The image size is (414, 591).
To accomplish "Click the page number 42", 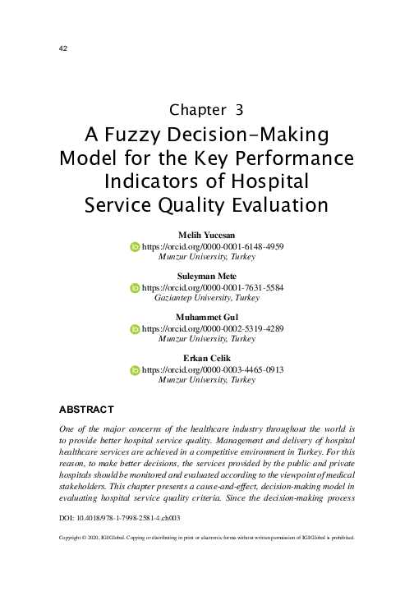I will click(x=62, y=48).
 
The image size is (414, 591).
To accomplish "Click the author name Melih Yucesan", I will click(x=207, y=236).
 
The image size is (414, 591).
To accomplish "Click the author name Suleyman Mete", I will click(x=207, y=277).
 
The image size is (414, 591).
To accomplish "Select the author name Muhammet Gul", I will click(x=207, y=318).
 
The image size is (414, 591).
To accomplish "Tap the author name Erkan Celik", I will click(x=207, y=360).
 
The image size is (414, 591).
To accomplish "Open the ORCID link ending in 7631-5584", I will click(x=213, y=288).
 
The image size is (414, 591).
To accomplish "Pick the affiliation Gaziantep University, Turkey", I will click(x=207, y=299).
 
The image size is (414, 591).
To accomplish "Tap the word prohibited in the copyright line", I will click(x=338, y=538).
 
